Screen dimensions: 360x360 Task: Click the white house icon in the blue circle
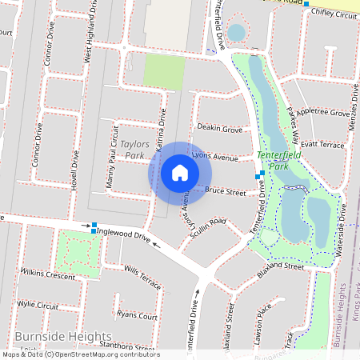click(180, 173)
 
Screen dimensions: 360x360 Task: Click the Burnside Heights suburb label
click(63, 337)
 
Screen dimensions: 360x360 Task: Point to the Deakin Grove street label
click(220, 128)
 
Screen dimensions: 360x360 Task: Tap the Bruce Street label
click(225, 191)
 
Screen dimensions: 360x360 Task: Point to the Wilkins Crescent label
click(47, 274)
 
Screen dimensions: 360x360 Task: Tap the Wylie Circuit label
click(38, 306)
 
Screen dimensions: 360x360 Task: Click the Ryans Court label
click(137, 316)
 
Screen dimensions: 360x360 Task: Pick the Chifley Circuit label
click(334, 14)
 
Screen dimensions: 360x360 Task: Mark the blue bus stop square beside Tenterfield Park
click(259, 174)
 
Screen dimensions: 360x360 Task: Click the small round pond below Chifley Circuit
click(237, 33)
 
